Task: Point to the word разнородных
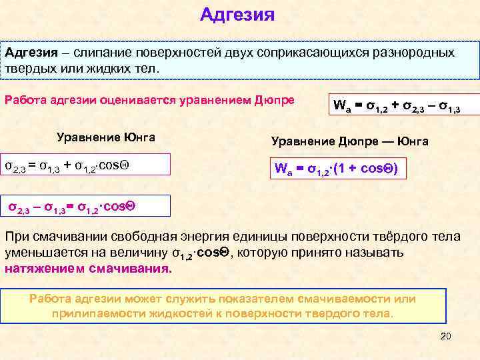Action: coord(414,52)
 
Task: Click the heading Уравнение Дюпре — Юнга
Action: coord(349,141)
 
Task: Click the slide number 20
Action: coord(446,336)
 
